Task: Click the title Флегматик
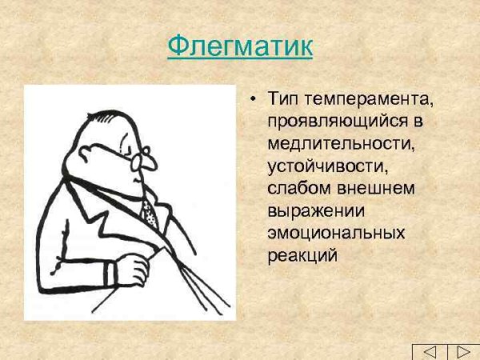click(240, 46)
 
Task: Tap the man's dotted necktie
click(149, 211)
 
